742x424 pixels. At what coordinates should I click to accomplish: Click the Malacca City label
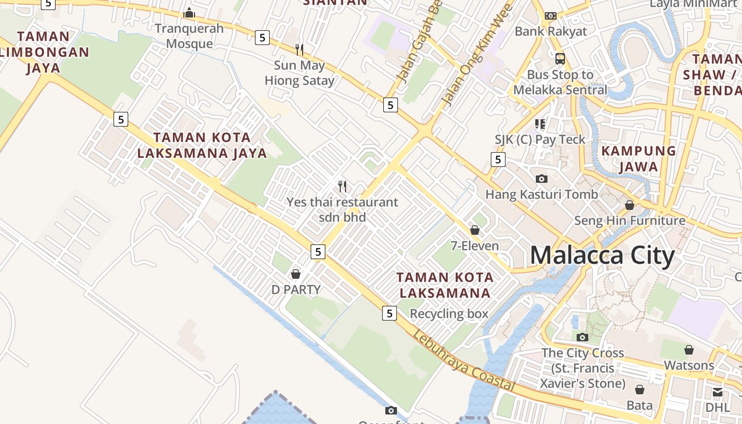click(x=602, y=255)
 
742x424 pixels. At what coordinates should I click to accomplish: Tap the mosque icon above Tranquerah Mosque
click(x=189, y=13)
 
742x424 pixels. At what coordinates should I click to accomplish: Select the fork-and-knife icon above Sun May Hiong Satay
click(x=299, y=50)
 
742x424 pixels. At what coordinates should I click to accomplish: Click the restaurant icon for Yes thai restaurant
click(x=342, y=187)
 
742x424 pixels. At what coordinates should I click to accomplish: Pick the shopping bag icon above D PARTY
click(x=296, y=274)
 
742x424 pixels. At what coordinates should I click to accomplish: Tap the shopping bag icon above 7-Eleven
click(x=475, y=230)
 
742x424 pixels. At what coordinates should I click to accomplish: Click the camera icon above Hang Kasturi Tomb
click(x=541, y=179)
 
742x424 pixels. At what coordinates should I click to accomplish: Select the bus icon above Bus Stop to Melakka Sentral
click(x=560, y=58)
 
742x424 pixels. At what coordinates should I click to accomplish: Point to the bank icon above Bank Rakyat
click(x=551, y=16)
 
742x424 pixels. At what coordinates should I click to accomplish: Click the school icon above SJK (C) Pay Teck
click(x=540, y=124)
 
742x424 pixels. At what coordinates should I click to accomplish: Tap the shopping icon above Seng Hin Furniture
click(x=630, y=205)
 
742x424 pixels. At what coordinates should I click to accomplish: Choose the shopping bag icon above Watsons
click(x=688, y=350)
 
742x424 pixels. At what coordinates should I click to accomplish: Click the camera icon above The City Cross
click(x=582, y=337)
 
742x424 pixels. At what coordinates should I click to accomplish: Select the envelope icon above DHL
click(x=717, y=392)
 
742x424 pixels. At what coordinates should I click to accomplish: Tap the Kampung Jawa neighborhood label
click(x=639, y=159)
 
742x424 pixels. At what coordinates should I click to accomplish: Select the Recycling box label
click(x=449, y=314)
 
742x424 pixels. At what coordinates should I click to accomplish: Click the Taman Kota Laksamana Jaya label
click(x=202, y=145)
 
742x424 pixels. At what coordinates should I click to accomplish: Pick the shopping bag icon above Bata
click(x=640, y=390)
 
